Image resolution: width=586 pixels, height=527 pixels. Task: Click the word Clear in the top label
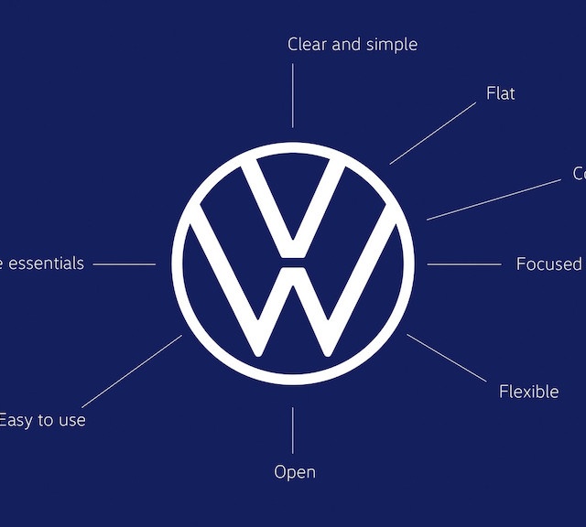coord(308,44)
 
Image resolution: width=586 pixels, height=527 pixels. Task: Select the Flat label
coord(501,93)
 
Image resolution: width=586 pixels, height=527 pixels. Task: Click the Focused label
coord(548,264)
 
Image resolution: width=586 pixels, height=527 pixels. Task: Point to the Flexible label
coord(528,392)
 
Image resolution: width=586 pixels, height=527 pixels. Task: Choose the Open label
coord(295,472)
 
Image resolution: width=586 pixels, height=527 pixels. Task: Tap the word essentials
coord(46,263)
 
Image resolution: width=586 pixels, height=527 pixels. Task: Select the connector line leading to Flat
coord(432,134)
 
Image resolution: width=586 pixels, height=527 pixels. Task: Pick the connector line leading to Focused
coord(463,264)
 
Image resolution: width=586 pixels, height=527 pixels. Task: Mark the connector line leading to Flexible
coord(446,358)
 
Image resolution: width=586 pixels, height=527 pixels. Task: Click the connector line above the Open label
coord(293,430)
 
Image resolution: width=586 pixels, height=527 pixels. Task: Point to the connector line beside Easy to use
coord(132,371)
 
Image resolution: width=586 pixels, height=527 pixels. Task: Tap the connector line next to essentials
coord(124,264)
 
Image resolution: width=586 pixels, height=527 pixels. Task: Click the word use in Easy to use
coord(71,421)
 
